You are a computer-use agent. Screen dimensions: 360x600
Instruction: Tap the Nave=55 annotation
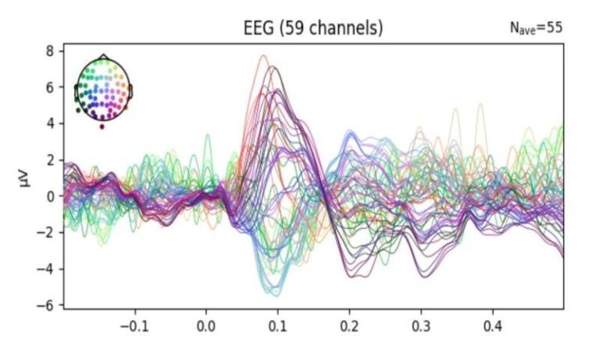pos(536,29)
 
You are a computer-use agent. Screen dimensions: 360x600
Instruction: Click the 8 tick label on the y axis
pos(48,51)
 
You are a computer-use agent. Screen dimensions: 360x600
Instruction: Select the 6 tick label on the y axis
pos(48,87)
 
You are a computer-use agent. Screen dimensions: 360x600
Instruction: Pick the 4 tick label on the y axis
pos(48,123)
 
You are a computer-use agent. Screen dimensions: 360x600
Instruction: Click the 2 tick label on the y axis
pos(48,160)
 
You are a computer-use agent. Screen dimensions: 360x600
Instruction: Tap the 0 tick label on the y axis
pos(48,196)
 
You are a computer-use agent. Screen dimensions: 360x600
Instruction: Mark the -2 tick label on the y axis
pos(45,233)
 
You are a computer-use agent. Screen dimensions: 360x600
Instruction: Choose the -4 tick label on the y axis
pos(45,269)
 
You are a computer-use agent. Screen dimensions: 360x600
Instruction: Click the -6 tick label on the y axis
pos(45,305)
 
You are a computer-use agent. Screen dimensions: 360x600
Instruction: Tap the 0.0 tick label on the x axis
pos(206,323)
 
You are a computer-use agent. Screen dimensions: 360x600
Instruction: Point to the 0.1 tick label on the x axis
pos(277,323)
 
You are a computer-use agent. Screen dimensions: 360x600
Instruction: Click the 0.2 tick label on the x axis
pos(349,323)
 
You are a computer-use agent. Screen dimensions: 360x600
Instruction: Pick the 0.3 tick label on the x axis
pos(421,323)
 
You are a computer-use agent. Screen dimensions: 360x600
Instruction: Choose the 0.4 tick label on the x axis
pos(493,323)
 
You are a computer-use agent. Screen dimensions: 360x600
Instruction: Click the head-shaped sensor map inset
pos(103,89)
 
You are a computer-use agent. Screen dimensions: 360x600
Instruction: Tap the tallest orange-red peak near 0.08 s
pos(263,55)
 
